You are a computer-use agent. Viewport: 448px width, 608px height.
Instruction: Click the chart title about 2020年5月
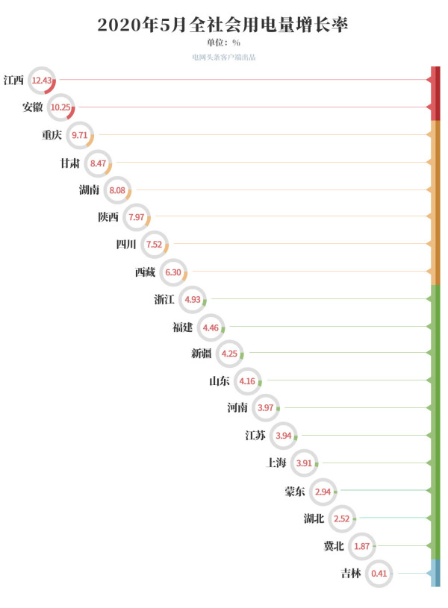tap(223, 25)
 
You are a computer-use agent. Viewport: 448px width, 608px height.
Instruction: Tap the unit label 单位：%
tap(223, 43)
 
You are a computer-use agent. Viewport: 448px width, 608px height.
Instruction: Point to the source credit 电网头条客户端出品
tap(223, 57)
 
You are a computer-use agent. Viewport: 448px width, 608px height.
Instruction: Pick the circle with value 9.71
tap(79, 135)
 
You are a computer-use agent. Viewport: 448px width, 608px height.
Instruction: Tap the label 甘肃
tap(71, 163)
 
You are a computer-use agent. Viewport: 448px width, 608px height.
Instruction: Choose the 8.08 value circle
tap(116, 190)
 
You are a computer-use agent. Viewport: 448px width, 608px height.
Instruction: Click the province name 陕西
tap(108, 217)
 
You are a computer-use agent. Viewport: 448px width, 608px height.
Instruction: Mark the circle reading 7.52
tap(154, 245)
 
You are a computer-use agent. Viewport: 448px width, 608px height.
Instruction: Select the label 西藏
tap(146, 272)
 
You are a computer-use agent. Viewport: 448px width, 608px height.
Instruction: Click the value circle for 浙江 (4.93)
tap(192, 299)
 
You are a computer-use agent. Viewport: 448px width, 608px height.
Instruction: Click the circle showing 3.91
tap(304, 463)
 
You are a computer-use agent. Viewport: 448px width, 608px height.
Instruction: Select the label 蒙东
tap(294, 491)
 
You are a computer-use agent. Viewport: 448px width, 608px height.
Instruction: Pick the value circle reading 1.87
tap(360, 546)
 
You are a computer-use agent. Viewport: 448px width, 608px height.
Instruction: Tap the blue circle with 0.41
tap(379, 574)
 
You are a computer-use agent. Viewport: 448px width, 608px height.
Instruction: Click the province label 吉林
tap(351, 574)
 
